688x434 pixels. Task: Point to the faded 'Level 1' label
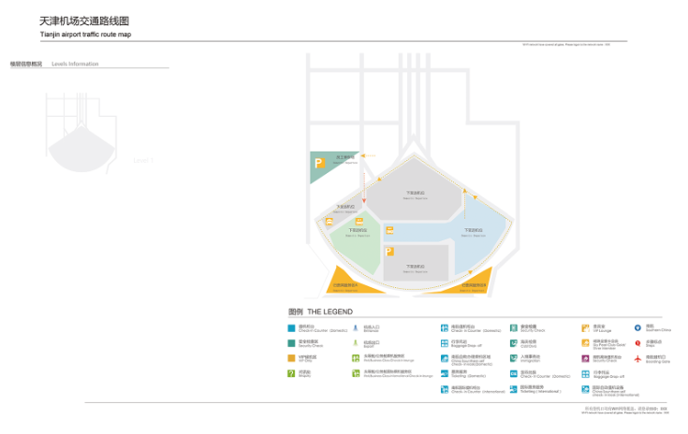[142, 161]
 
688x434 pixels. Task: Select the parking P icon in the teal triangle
[318, 164]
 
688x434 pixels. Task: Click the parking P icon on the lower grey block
[389, 251]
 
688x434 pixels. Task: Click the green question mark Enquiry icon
[292, 373]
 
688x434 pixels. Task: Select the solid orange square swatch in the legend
[292, 357]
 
